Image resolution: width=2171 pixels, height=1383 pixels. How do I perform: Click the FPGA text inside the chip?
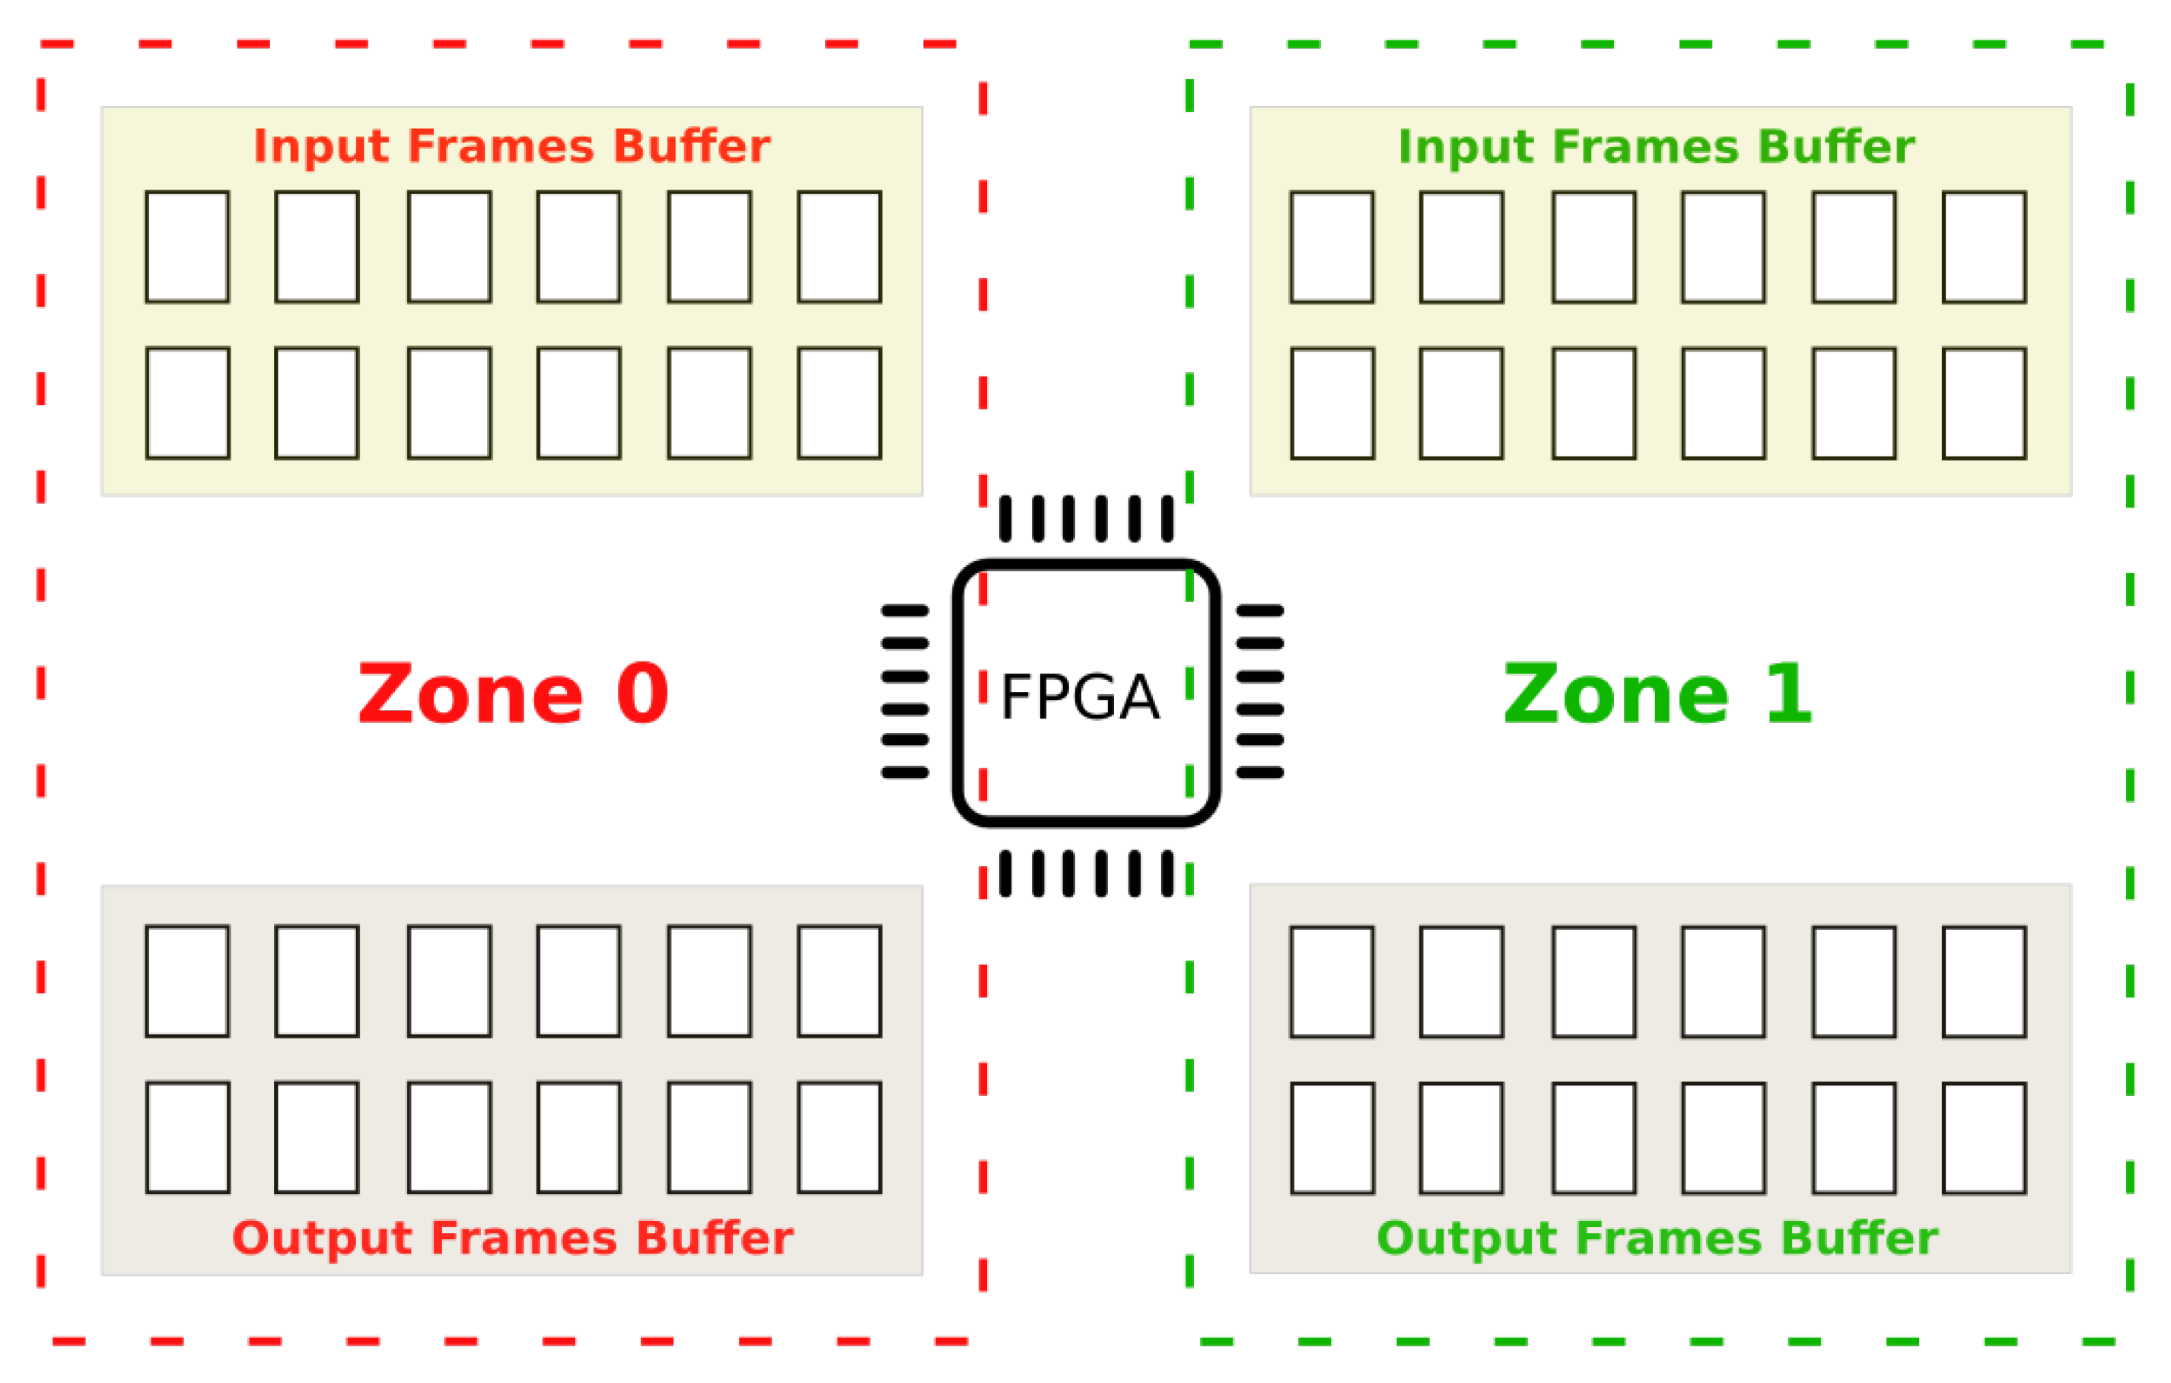click(x=1080, y=698)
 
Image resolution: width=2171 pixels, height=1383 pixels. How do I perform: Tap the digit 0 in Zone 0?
click(x=642, y=693)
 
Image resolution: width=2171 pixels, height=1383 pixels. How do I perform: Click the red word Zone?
click(x=470, y=693)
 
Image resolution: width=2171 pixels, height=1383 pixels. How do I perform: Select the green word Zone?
click(x=1616, y=693)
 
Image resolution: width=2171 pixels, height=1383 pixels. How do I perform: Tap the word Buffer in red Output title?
click(x=715, y=1238)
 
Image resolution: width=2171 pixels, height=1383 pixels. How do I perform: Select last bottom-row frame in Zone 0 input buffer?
click(x=839, y=403)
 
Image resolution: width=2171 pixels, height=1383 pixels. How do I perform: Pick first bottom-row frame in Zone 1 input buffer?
click(x=1332, y=403)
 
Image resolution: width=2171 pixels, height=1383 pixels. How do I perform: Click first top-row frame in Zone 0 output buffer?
click(x=187, y=981)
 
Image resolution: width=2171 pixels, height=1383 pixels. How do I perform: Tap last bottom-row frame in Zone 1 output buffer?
click(x=1985, y=1138)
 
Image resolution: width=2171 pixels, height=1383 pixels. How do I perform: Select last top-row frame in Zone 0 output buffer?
click(x=839, y=981)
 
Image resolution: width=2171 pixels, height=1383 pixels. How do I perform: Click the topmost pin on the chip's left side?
click(x=906, y=610)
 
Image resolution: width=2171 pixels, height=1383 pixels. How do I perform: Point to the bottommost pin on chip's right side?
click(x=1259, y=772)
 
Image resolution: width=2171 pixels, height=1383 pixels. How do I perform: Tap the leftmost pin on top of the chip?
click(x=1005, y=518)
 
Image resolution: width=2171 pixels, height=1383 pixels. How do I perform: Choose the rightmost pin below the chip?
click(x=1167, y=874)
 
